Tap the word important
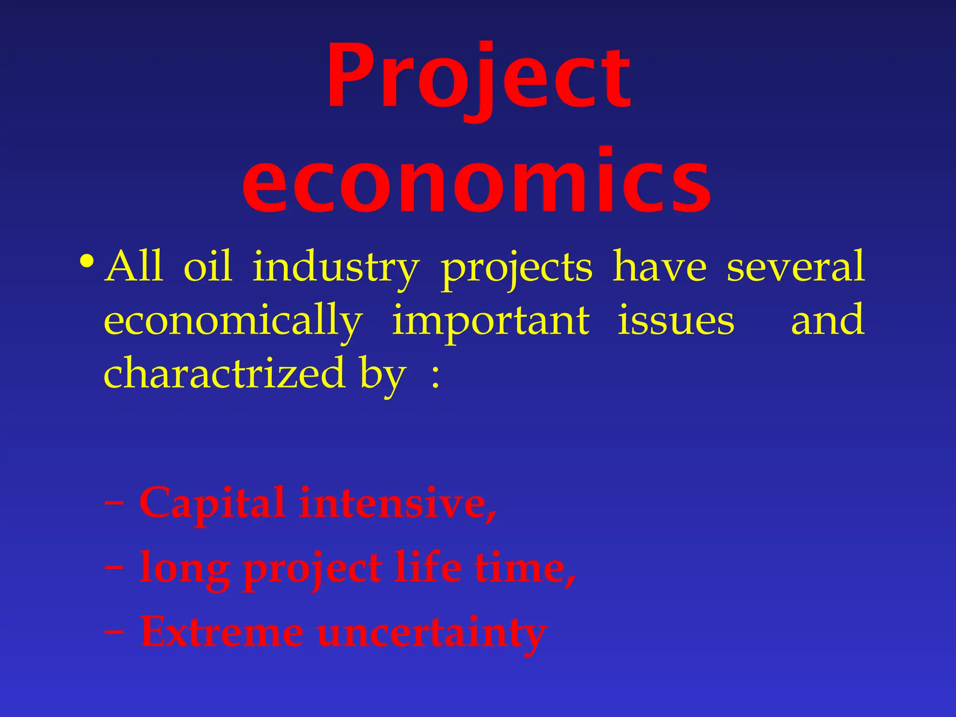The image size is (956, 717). pyautogui.click(x=490, y=321)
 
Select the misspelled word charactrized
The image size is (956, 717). pyautogui.click(x=224, y=373)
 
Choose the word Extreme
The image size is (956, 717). pyautogui.click(x=222, y=632)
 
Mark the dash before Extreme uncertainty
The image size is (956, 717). pyautogui.click(x=114, y=632)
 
